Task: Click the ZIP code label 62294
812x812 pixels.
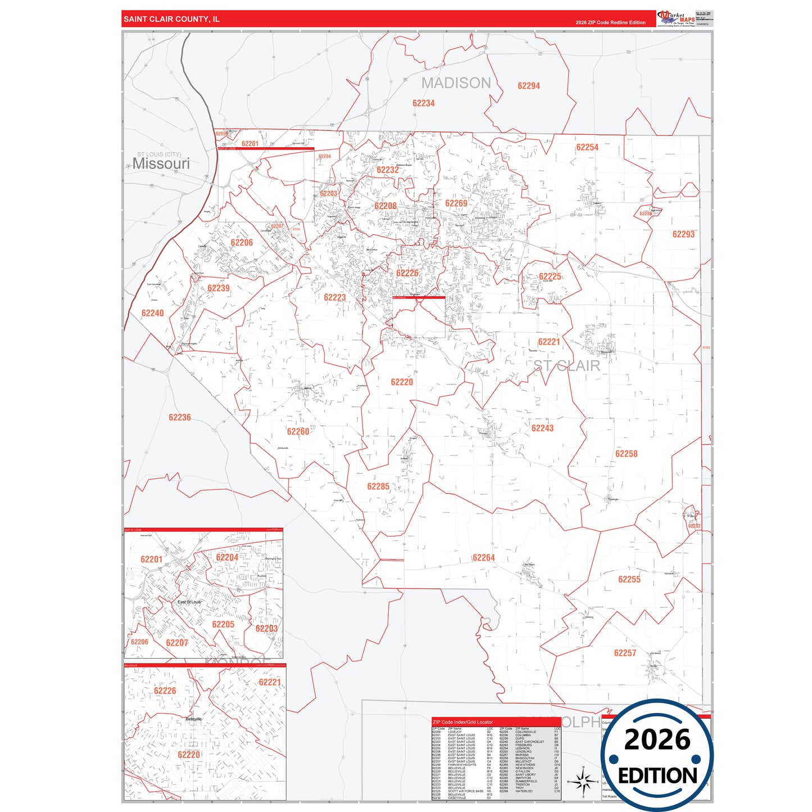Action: [528, 86]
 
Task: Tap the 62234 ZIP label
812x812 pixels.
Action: [423, 103]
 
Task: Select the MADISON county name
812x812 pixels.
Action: [456, 83]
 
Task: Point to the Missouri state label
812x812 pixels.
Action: [161, 164]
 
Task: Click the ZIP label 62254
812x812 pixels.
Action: [587, 147]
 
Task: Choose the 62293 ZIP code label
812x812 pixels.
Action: [683, 234]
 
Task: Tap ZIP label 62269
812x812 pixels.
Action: [456, 203]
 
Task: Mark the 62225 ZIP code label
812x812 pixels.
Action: [550, 276]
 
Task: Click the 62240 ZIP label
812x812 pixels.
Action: [152, 313]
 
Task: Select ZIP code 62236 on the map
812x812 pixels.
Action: [179, 418]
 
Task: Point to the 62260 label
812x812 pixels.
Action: [298, 432]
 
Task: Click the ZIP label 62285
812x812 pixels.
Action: [378, 487]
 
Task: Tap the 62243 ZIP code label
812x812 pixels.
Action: [542, 428]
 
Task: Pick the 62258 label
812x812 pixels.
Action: [626, 454]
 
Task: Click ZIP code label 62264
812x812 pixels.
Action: [483, 557]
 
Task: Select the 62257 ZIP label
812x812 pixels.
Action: [625, 653]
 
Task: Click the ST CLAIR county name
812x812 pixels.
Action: [566, 366]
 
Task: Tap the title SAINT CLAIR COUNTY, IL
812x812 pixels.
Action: [171, 19]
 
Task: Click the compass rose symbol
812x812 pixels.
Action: [583, 781]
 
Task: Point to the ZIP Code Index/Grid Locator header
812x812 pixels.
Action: [462, 722]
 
